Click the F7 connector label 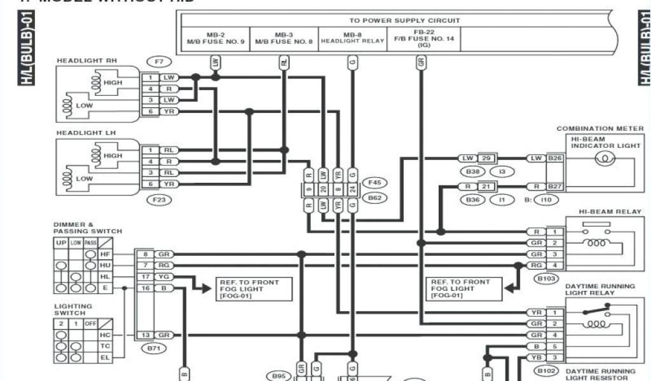[x=158, y=62]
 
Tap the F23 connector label [x=158, y=199]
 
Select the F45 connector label [x=374, y=183]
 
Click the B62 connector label [x=374, y=198]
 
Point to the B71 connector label [x=153, y=348]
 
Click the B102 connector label [x=547, y=371]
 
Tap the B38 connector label [x=472, y=171]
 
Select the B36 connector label [x=472, y=200]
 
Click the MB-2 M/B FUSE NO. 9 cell [x=216, y=39]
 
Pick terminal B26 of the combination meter [x=555, y=157]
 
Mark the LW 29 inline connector [x=477, y=157]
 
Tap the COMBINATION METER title [x=600, y=128]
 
